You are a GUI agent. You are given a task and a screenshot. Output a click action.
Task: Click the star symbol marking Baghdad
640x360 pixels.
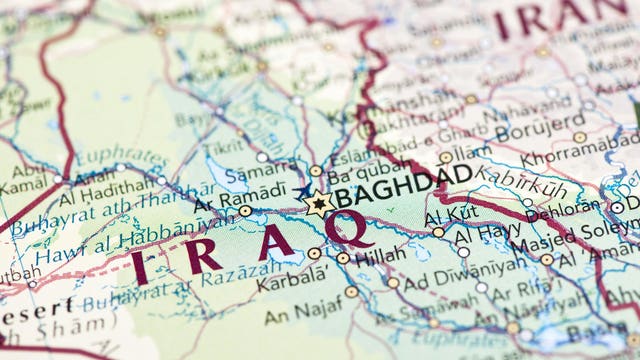(x=318, y=204)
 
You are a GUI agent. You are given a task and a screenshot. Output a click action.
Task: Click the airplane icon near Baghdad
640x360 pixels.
(x=303, y=189)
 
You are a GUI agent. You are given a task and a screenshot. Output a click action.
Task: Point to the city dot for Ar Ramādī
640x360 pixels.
(x=245, y=211)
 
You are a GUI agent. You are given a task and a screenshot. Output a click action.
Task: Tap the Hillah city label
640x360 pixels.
(x=380, y=255)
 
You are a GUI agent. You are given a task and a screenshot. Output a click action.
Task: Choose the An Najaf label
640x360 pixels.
(x=299, y=316)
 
